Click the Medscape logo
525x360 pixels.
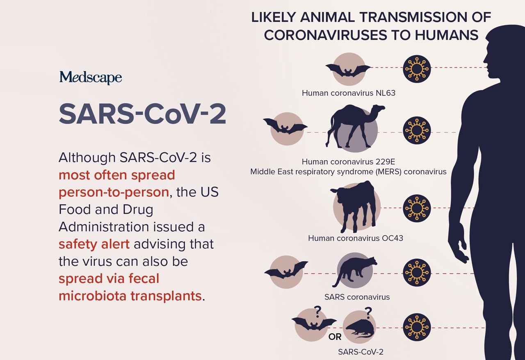90,77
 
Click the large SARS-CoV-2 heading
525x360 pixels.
142,114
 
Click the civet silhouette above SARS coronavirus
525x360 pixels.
354,271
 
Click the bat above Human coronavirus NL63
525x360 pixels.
348,71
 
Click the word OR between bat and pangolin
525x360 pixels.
335,337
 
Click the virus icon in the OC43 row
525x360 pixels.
417,208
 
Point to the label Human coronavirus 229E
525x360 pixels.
348,162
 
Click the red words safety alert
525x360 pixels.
94,244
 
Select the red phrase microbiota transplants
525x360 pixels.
130,296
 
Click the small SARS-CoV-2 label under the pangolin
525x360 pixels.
361,351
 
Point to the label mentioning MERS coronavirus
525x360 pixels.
348,171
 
